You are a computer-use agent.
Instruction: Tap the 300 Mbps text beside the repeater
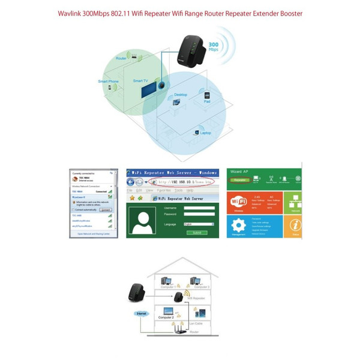[212, 47]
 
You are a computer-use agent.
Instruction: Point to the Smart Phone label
[108, 81]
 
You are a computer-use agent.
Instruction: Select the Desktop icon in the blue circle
[176, 102]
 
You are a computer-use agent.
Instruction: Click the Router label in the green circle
[121, 59]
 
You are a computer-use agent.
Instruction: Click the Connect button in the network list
[105, 211]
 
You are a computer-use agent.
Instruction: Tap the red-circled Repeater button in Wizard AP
[239, 179]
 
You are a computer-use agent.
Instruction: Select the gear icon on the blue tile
[239, 226]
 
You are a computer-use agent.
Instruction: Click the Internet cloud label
[140, 313]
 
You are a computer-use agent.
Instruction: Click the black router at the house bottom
[179, 329]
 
